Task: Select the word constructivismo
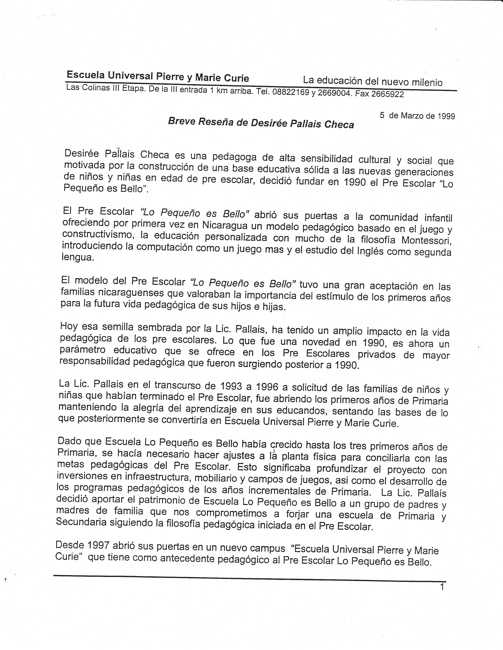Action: click(96, 235)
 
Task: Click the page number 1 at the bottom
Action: click(442, 587)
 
